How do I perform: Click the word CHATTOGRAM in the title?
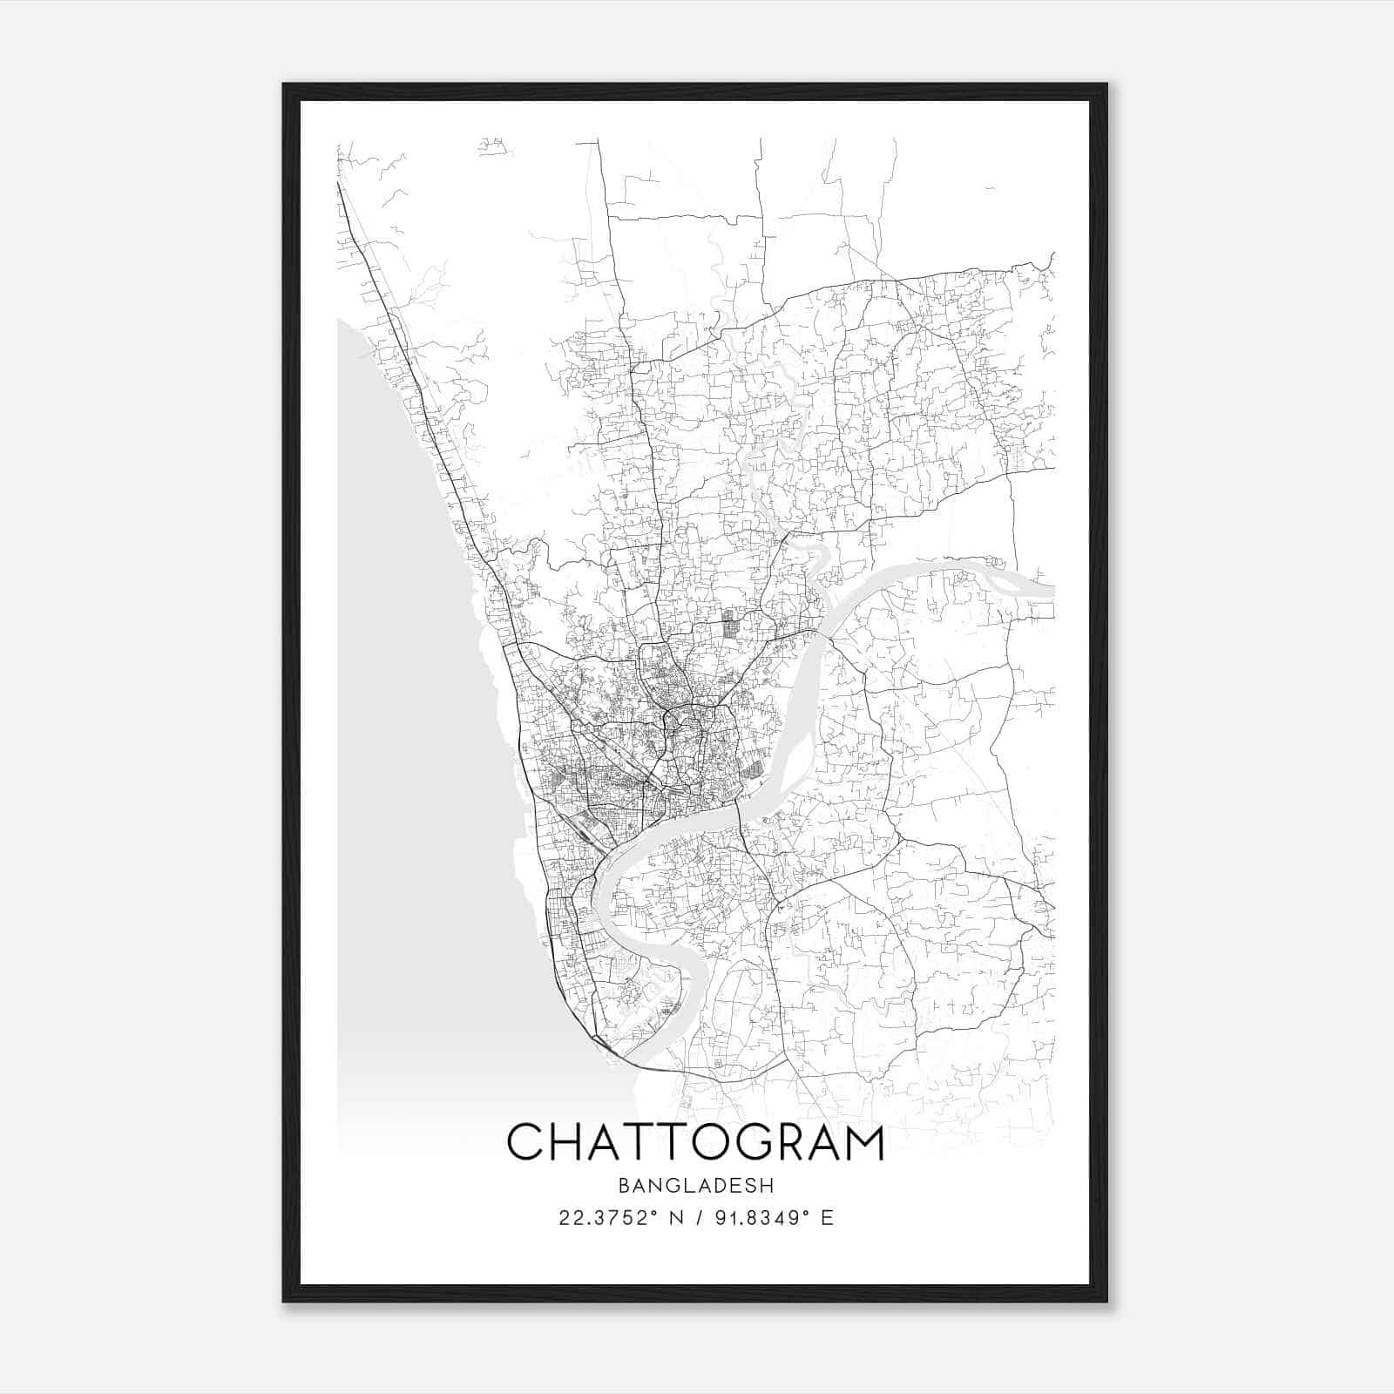[695, 1142]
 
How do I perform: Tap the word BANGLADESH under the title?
[695, 1185]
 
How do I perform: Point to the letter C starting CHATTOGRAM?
[525, 1142]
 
